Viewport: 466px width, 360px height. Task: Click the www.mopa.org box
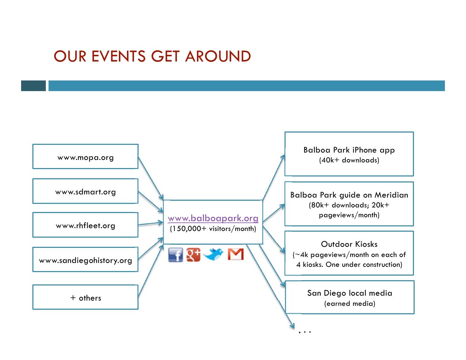click(85, 156)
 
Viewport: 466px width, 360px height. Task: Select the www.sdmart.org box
click(85, 191)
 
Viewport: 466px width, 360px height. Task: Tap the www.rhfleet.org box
click(85, 225)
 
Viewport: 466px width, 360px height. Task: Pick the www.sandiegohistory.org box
click(85, 260)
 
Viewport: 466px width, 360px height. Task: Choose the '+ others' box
click(85, 297)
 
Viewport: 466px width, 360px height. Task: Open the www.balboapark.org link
click(213, 218)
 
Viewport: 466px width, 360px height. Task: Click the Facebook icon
click(175, 255)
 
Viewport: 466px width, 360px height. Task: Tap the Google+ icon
click(193, 255)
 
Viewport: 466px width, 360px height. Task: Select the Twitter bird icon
click(213, 254)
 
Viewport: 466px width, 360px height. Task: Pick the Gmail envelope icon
click(236, 254)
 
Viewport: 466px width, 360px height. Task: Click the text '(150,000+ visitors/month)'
click(213, 229)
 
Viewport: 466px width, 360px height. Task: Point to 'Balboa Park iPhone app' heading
click(349, 150)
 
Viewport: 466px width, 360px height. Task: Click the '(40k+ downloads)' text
click(349, 160)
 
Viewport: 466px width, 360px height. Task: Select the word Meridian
click(391, 195)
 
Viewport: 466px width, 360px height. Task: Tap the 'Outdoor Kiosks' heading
click(349, 244)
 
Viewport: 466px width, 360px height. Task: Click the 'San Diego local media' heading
click(350, 293)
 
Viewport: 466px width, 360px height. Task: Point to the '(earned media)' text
click(350, 303)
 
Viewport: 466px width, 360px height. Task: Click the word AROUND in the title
click(218, 57)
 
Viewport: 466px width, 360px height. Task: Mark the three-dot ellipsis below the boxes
click(305, 332)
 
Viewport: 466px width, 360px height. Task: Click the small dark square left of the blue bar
click(33, 86)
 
